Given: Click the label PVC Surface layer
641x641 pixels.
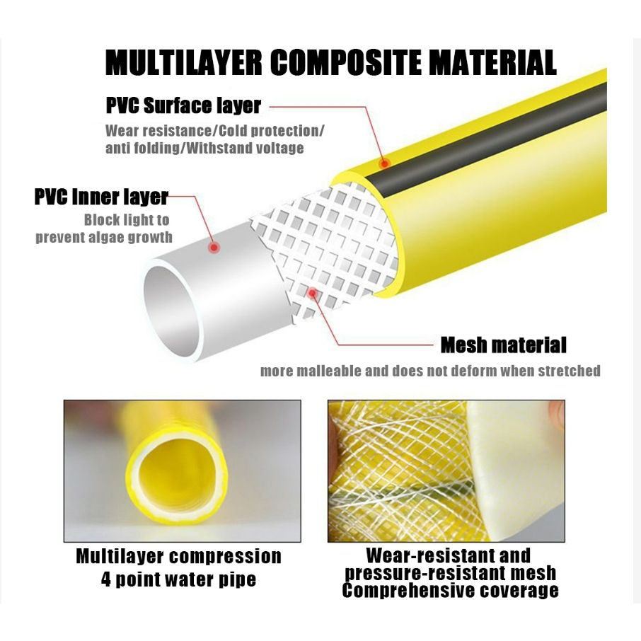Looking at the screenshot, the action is pos(183,106).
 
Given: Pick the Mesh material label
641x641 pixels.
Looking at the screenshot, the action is pos(503,345).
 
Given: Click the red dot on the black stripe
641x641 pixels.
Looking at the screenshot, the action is pos(384,163).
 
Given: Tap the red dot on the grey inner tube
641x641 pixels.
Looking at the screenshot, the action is pos(212,246).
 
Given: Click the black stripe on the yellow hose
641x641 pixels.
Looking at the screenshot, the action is pos(495,134).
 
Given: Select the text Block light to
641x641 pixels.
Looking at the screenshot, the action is pos(127,220).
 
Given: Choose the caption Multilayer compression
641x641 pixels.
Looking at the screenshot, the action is pos(178,557).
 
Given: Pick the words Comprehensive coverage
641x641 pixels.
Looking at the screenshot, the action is pos(450,590).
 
